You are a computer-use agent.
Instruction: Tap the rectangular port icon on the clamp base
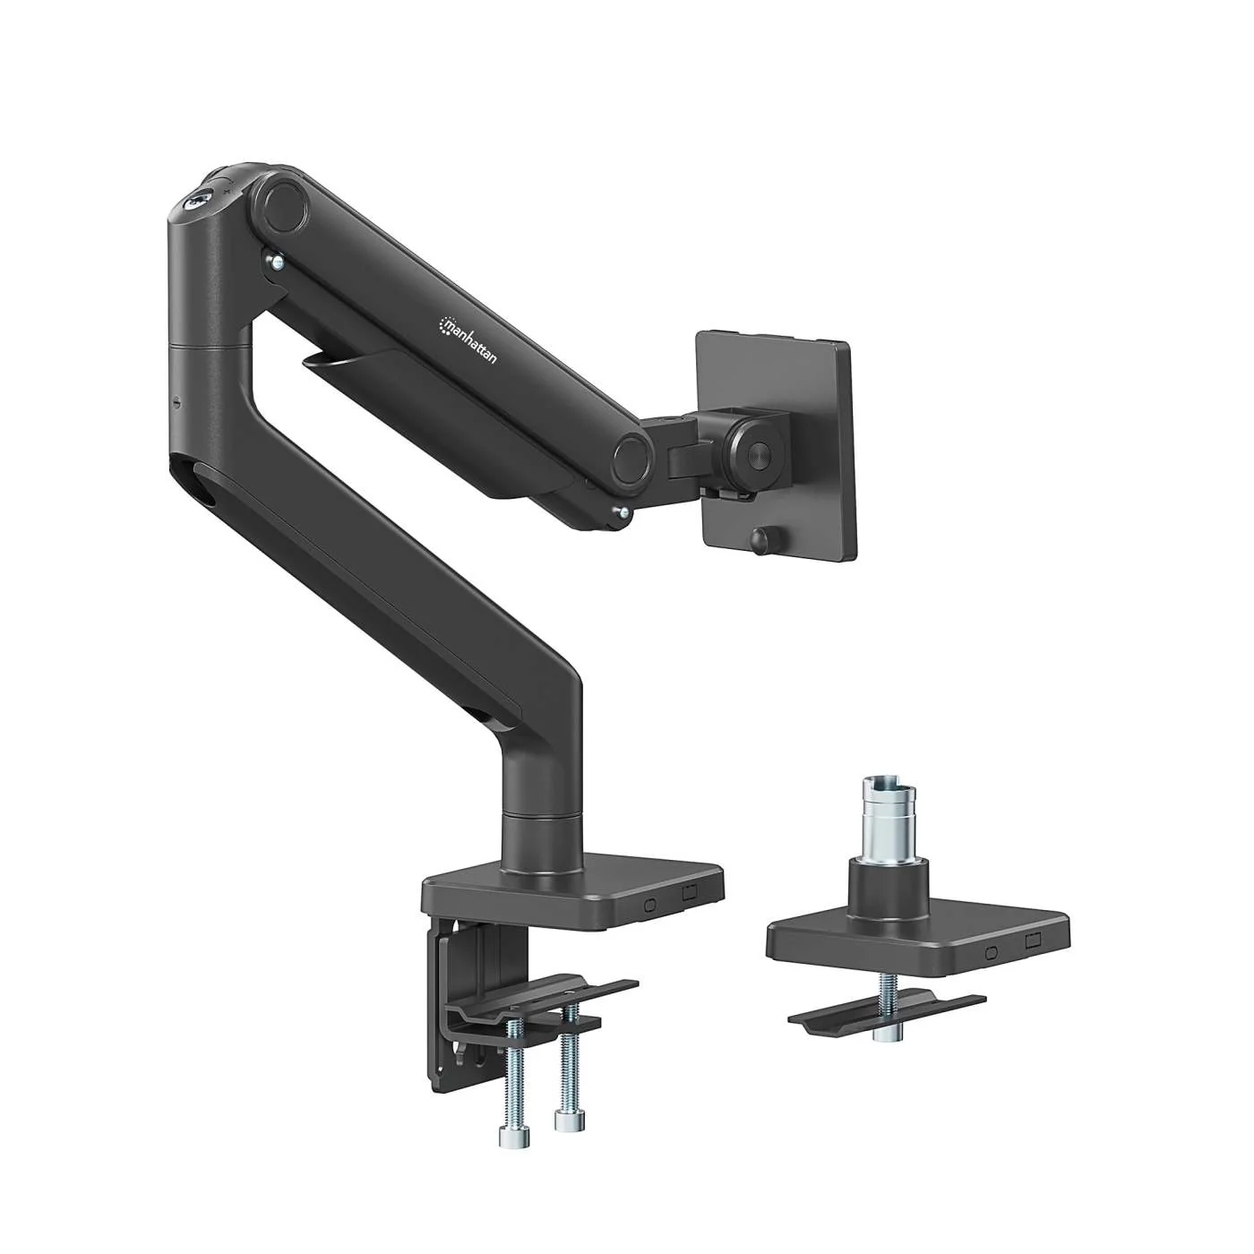pos(689,893)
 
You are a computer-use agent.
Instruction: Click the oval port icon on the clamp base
pos(650,905)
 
